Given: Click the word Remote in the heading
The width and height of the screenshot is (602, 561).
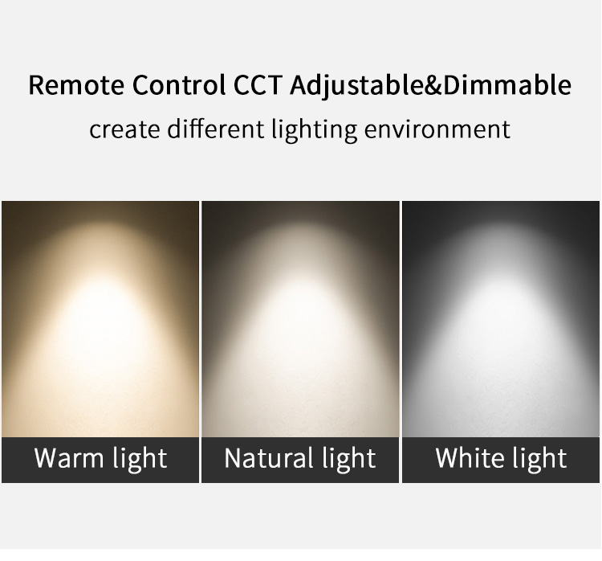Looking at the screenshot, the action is [x=76, y=84].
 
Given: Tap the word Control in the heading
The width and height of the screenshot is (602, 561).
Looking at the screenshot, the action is [x=179, y=84].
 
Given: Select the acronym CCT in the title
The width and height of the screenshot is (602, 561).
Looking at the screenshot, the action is [x=258, y=84].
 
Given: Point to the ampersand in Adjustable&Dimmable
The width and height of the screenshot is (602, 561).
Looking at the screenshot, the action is [x=433, y=85].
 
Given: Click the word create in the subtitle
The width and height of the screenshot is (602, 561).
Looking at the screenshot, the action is [x=124, y=129].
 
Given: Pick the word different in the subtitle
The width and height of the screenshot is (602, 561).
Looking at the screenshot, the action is [x=216, y=129].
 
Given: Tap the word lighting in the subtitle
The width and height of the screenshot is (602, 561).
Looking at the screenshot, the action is [x=314, y=130].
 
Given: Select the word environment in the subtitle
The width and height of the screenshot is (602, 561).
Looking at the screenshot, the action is [x=437, y=129].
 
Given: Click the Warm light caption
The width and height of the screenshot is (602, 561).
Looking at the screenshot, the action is [x=100, y=458].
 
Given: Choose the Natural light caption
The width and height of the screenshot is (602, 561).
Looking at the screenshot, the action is [x=300, y=458].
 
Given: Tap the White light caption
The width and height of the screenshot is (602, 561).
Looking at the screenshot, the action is [x=501, y=458].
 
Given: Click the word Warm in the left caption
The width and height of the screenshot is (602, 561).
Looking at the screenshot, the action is [x=69, y=457].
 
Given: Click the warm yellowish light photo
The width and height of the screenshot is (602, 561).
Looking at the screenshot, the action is [x=100, y=319].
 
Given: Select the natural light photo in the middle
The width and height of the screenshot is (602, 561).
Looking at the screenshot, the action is [x=300, y=319].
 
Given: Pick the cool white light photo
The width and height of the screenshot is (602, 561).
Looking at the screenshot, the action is [x=501, y=319].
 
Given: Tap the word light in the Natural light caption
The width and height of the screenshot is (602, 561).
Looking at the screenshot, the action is [x=348, y=458].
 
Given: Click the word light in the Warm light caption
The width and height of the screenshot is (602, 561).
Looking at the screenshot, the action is [x=140, y=458].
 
